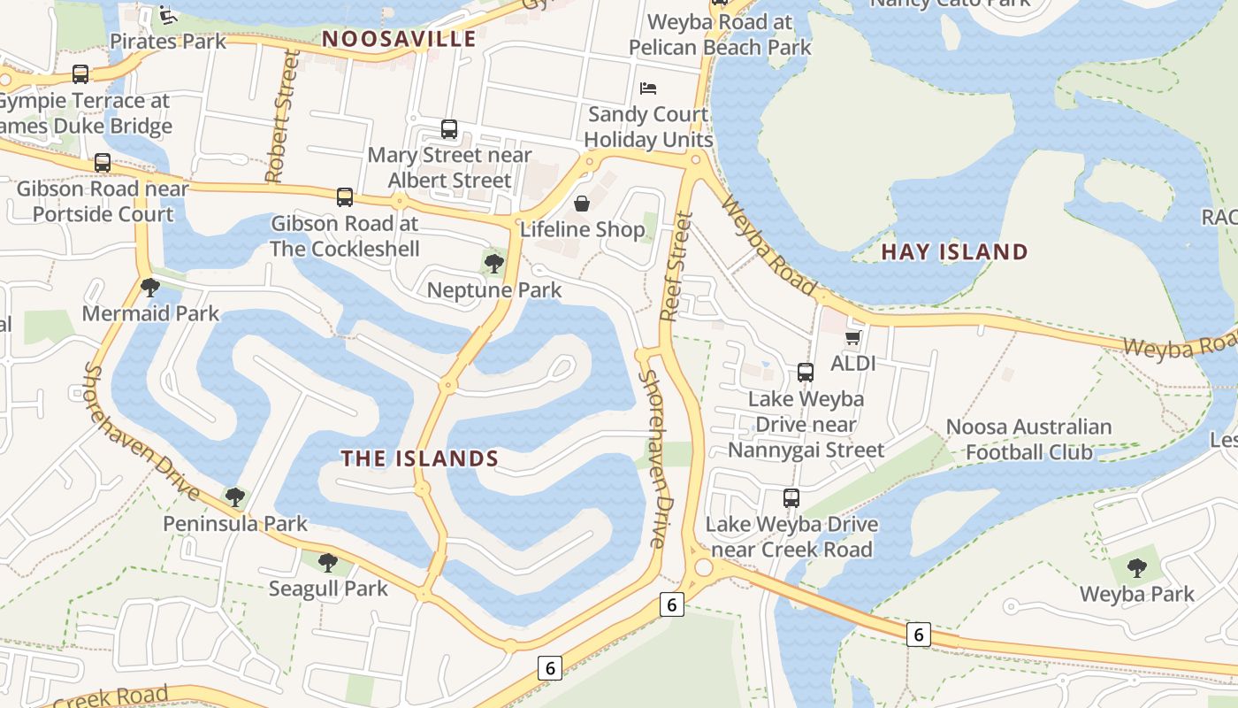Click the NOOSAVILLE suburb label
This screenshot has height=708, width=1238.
(399, 39)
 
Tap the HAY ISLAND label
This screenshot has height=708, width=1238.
(954, 252)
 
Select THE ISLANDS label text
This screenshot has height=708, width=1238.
(420, 458)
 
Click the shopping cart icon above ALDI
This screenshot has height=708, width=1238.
(852, 337)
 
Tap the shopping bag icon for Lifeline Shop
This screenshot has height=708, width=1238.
(582, 204)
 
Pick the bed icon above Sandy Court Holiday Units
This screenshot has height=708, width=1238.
(648, 88)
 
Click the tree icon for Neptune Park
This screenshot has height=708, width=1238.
(493, 263)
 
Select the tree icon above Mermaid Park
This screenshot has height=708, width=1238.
(150, 287)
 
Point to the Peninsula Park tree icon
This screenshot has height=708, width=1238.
(234, 497)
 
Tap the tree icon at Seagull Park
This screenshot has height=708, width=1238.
(328, 562)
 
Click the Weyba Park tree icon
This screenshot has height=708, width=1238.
(1137, 568)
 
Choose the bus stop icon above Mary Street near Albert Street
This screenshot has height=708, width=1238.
(449, 129)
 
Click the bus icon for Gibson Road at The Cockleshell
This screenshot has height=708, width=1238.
(345, 197)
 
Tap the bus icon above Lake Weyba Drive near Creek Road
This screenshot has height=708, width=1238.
(791, 498)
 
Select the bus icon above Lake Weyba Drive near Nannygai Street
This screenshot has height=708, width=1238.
(806, 373)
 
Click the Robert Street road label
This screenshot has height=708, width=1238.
(280, 118)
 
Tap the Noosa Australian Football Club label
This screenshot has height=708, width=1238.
(1028, 439)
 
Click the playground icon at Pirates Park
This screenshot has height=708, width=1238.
(168, 15)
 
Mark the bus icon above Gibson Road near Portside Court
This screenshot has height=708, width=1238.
(103, 163)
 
